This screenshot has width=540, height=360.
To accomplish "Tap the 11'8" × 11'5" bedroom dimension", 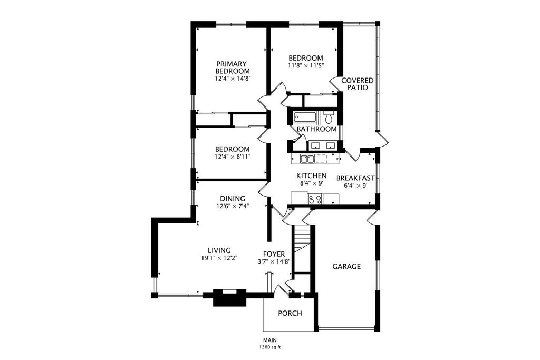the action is [x=306, y=65].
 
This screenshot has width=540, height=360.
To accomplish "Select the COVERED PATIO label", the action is [x=357, y=84].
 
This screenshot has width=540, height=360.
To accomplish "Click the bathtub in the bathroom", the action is [x=306, y=118].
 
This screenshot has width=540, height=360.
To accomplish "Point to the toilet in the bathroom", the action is [x=328, y=118].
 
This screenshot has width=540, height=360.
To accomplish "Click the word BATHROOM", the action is [x=316, y=129].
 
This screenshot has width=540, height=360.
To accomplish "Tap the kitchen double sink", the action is [x=307, y=159].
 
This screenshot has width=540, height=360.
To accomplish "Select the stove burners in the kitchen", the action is [x=315, y=199].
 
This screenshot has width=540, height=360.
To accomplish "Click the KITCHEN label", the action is [x=311, y=176].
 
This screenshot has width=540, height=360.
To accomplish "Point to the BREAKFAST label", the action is [x=355, y=178].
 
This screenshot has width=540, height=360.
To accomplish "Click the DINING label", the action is [x=233, y=199].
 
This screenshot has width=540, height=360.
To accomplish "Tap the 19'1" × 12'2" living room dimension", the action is [x=219, y=258].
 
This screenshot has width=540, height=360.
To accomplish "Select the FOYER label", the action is [x=274, y=255].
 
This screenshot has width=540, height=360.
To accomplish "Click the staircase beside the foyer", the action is [x=302, y=248].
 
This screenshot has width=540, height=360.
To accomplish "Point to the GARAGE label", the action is [x=346, y=266].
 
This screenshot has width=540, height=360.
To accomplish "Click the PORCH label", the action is [x=290, y=314].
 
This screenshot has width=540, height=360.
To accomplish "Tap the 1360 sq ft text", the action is [x=270, y=347].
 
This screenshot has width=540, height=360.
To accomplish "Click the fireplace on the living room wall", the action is [x=230, y=297].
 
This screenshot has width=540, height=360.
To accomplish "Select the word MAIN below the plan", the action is [x=270, y=340].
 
